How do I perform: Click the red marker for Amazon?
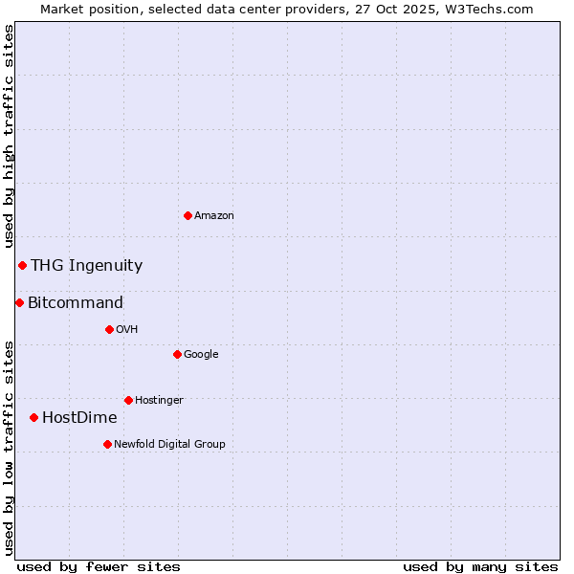click(188, 215)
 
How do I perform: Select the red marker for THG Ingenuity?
click(22, 265)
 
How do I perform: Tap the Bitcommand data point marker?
click(19, 302)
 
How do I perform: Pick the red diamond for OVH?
click(109, 329)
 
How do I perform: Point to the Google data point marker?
click(177, 354)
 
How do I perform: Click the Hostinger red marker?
click(128, 400)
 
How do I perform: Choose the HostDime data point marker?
click(33, 417)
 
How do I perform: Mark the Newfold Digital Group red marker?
click(107, 444)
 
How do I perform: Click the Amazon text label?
click(214, 216)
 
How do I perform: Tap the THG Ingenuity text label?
click(86, 266)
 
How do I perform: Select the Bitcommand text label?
click(76, 303)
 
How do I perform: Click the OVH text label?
click(127, 330)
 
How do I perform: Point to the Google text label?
click(201, 355)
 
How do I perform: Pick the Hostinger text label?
click(159, 401)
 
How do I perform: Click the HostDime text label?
click(79, 418)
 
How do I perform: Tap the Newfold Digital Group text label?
click(169, 445)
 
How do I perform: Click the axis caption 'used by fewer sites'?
click(99, 566)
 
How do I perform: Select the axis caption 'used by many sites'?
click(480, 566)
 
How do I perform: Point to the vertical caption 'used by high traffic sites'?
click(10, 136)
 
